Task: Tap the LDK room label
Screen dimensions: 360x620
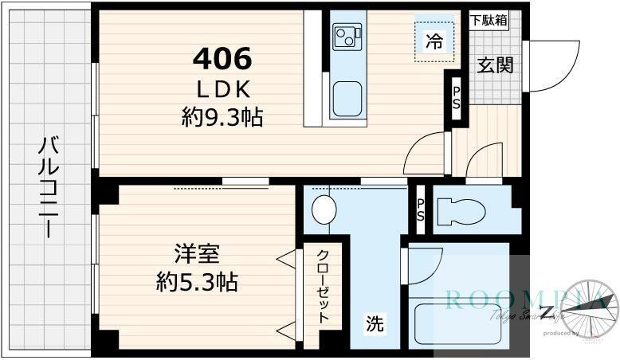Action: tap(223, 88)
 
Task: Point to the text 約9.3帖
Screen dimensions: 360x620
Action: tap(222, 119)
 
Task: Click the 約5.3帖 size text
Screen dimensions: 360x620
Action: tap(197, 282)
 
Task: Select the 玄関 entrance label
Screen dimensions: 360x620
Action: tap(494, 65)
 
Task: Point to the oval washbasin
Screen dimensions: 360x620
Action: tap(324, 210)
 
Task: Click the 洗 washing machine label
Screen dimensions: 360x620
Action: tap(375, 324)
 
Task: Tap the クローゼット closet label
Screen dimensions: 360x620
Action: tap(324, 286)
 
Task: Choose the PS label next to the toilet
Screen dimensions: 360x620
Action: tap(421, 210)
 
